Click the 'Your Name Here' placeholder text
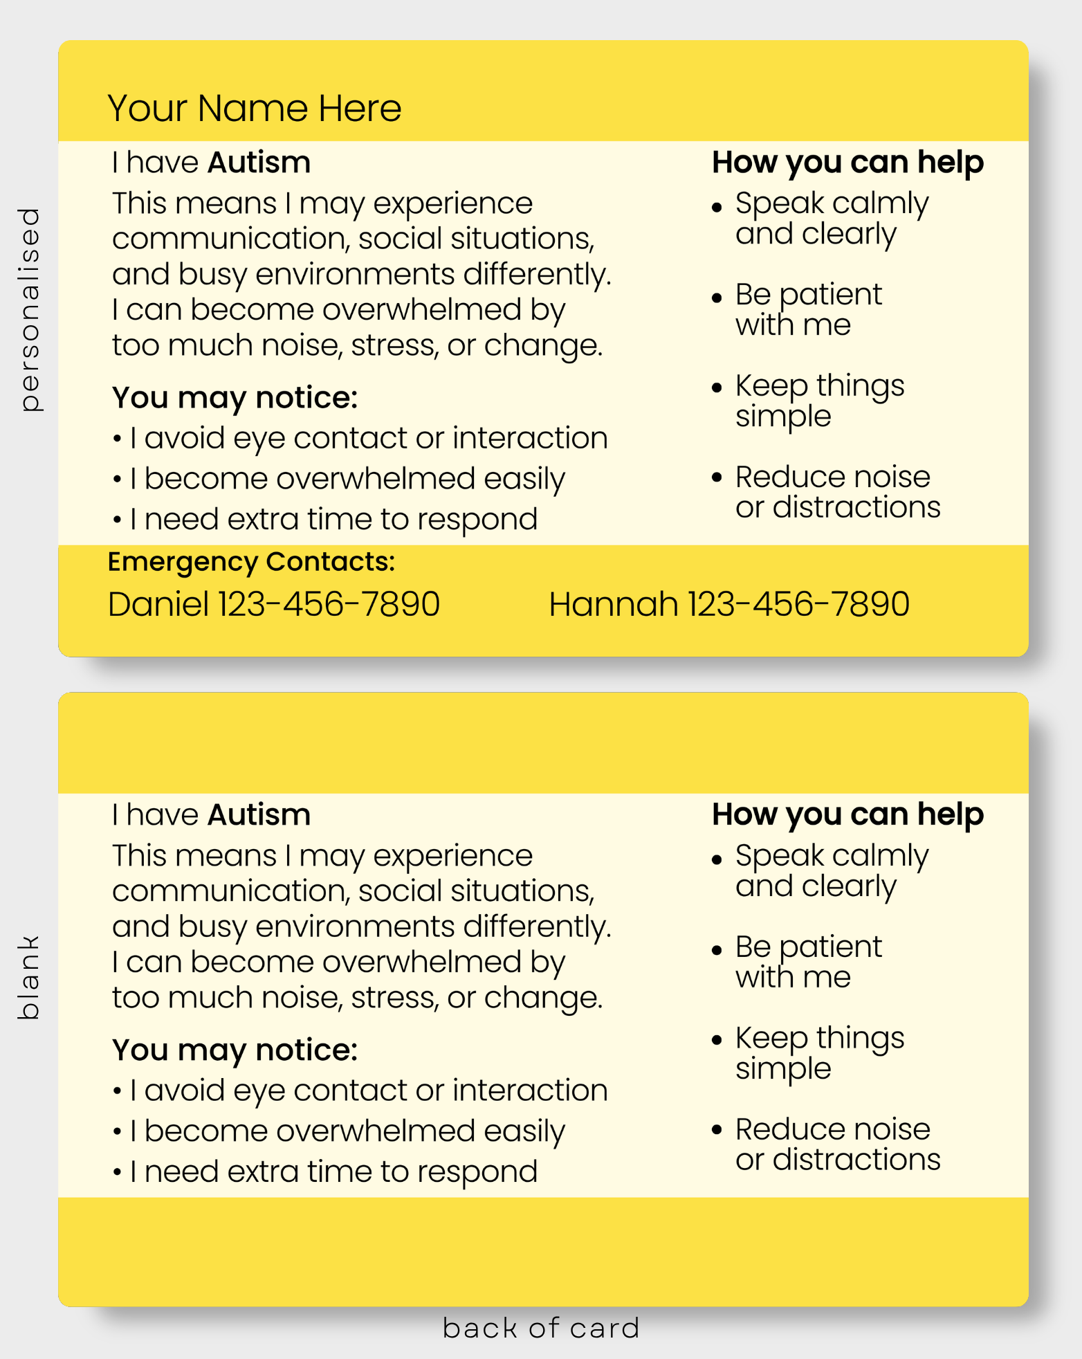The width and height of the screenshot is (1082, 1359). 255,109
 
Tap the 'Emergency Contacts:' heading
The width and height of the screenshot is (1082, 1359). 251,562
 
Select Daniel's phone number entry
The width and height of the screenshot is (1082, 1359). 274,604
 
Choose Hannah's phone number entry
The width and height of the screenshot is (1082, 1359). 729,604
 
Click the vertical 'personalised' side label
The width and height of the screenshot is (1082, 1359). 30,309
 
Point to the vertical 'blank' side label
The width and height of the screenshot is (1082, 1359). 28,977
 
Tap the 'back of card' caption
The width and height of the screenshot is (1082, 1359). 541,1328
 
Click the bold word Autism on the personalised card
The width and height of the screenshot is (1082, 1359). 259,163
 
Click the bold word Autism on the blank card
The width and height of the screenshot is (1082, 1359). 259,815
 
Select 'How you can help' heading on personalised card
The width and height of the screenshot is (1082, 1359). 848,163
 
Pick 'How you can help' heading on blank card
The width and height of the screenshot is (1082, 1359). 848,816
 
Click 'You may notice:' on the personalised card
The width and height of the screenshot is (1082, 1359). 235,399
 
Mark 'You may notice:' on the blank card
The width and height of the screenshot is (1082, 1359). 235,1051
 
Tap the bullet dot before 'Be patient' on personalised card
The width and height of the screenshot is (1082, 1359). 717,298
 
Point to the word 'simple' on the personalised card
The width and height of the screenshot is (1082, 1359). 783,417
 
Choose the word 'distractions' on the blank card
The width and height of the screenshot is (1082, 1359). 856,1160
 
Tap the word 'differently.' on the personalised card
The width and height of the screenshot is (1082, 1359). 538,275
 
